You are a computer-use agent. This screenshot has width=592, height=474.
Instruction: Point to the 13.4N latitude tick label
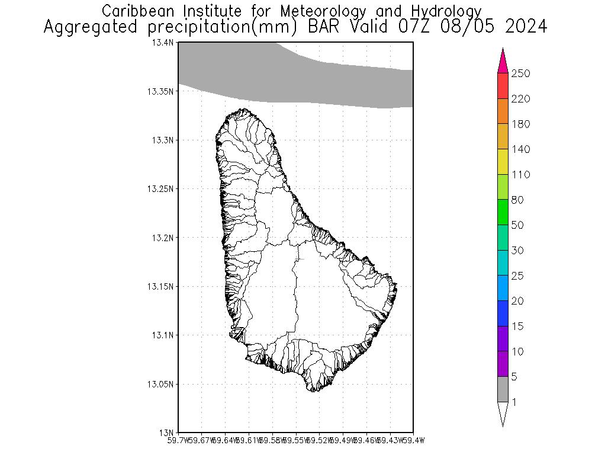(162, 43)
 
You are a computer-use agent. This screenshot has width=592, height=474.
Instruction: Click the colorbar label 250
(521, 73)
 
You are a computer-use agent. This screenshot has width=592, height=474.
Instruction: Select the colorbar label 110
(521, 175)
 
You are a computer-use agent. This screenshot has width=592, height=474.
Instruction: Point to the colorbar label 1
(514, 402)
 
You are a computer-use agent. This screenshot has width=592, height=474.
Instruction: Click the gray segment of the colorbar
(503, 389)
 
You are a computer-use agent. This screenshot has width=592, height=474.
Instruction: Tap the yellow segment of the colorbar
(503, 162)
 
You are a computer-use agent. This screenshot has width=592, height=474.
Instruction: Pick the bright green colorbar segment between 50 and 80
(503, 212)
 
